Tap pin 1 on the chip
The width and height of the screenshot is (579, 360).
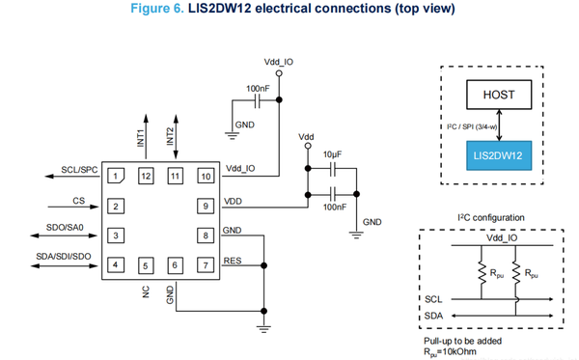pyautogui.click(x=117, y=176)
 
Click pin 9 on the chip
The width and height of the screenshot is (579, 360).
pyautogui.click(x=205, y=205)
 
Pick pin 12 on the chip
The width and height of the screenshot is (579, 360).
pyautogui.click(x=146, y=176)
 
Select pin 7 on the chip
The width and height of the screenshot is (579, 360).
pyautogui.click(x=205, y=264)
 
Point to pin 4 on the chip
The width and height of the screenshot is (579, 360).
pyautogui.click(x=117, y=264)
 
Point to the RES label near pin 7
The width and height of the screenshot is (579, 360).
pyautogui.click(x=232, y=260)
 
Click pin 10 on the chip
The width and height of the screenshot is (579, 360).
pyautogui.click(x=205, y=176)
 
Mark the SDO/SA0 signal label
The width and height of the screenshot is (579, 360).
pyautogui.click(x=69, y=228)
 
